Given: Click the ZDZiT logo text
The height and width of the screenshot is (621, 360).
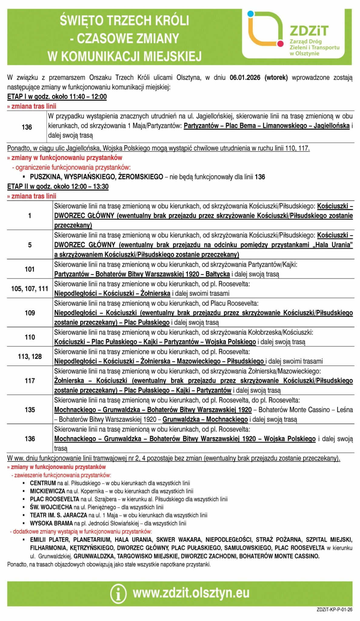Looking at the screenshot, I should (309, 31).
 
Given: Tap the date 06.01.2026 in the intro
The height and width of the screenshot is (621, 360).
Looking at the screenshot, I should (245, 78).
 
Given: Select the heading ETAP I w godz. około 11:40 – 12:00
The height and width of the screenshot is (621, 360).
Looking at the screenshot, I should (57, 97).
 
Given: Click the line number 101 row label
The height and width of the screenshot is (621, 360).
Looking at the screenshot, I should (30, 269).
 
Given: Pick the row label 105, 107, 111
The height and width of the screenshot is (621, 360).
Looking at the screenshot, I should (30, 289).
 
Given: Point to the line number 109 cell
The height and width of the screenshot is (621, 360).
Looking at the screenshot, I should (30, 313).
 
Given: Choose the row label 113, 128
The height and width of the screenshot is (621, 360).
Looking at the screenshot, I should (30, 357).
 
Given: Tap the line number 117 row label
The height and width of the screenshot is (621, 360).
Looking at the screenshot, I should (30, 381).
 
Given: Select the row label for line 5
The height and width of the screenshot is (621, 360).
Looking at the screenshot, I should (30, 245).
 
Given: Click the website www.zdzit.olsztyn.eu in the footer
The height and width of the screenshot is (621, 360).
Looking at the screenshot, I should (191, 593).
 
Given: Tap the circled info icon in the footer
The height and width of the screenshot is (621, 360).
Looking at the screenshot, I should (118, 593).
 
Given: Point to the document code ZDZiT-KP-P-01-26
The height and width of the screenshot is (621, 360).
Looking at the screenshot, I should (335, 609).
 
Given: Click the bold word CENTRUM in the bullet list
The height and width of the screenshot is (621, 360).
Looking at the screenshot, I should (43, 483).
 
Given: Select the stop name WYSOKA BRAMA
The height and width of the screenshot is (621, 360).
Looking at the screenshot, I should (51, 523).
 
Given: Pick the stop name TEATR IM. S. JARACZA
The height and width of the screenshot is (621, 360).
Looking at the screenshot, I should (58, 515).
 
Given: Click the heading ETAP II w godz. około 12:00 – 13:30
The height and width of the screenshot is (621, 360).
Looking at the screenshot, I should (58, 186).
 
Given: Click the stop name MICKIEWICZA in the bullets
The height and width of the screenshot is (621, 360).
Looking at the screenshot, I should (47, 491).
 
